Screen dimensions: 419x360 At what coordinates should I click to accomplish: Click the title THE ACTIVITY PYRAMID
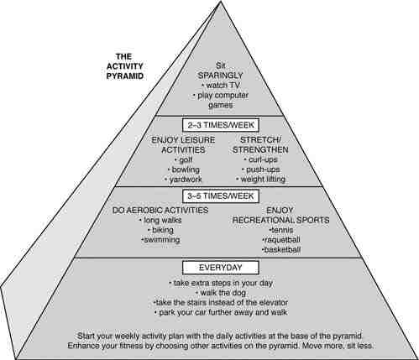125,66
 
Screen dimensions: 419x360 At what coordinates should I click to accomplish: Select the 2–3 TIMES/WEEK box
221,125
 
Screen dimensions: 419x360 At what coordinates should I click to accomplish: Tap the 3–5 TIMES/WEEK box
221,196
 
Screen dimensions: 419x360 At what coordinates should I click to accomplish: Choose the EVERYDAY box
221,268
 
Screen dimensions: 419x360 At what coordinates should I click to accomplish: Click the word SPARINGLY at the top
221,76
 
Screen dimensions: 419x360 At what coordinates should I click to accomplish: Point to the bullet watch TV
221,85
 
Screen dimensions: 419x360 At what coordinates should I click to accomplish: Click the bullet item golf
183,160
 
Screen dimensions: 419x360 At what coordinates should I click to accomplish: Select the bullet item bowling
184,170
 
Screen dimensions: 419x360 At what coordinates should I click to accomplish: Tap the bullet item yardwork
184,180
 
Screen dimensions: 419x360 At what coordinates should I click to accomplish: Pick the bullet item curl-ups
260,159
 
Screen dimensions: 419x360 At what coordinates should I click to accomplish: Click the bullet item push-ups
260,170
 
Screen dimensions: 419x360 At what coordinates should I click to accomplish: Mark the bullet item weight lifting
260,179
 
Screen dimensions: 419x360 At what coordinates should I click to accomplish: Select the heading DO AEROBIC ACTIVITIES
160,211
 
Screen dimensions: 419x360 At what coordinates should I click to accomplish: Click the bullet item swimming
160,240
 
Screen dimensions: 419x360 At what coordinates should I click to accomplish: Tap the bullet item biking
160,230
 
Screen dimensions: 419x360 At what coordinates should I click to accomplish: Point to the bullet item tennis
281,230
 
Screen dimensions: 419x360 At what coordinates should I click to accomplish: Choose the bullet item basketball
281,249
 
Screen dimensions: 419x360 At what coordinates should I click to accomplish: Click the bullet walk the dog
221,293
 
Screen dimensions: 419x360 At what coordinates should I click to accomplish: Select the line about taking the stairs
221,303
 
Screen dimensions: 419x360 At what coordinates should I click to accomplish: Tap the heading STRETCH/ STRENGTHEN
260,145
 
